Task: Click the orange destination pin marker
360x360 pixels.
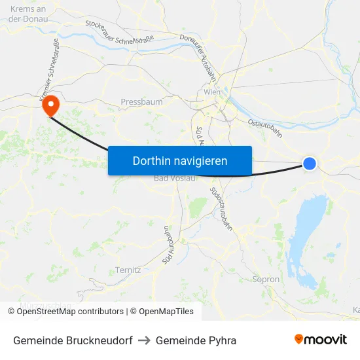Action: (50, 105)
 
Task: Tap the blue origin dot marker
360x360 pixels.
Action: (310, 164)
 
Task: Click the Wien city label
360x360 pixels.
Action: (212, 92)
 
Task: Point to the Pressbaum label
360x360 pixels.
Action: (141, 102)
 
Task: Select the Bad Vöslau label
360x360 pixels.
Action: (174, 179)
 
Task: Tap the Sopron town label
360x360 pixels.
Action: (266, 279)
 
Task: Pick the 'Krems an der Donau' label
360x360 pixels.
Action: (27, 14)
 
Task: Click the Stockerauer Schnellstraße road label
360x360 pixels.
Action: (120, 31)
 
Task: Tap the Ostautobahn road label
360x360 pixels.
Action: (265, 128)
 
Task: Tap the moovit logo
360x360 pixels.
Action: (321, 340)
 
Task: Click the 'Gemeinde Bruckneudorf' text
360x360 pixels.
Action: (73, 340)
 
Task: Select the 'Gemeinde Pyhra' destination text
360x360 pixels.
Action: (196, 340)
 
